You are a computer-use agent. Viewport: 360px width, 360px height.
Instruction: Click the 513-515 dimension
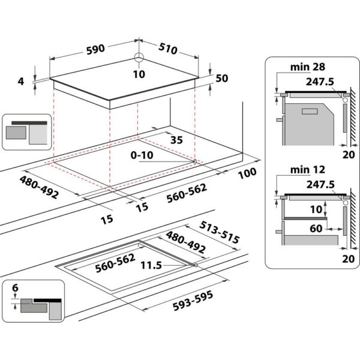click(x=219, y=233)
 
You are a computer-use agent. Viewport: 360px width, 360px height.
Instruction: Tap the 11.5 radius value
click(x=151, y=265)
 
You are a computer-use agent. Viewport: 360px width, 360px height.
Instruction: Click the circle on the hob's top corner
click(x=139, y=58)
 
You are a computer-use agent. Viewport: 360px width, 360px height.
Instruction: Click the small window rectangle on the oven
click(x=310, y=112)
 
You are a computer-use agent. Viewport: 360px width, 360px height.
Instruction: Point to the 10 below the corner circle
click(x=139, y=74)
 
